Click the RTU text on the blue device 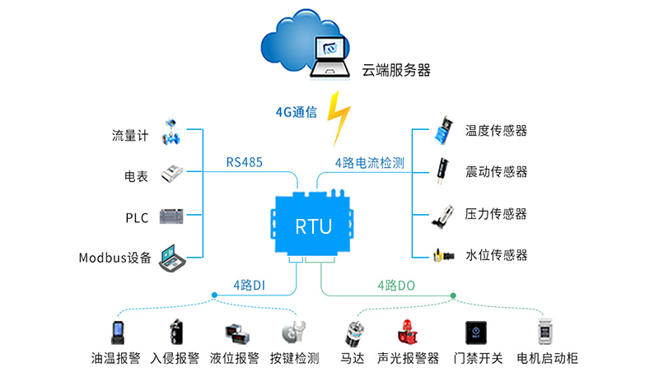point(314,224)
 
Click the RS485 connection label point(245,162)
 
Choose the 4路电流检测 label point(369,162)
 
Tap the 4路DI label point(249,285)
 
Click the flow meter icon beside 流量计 point(173,133)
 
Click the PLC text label point(137,217)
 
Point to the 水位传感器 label point(496,254)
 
